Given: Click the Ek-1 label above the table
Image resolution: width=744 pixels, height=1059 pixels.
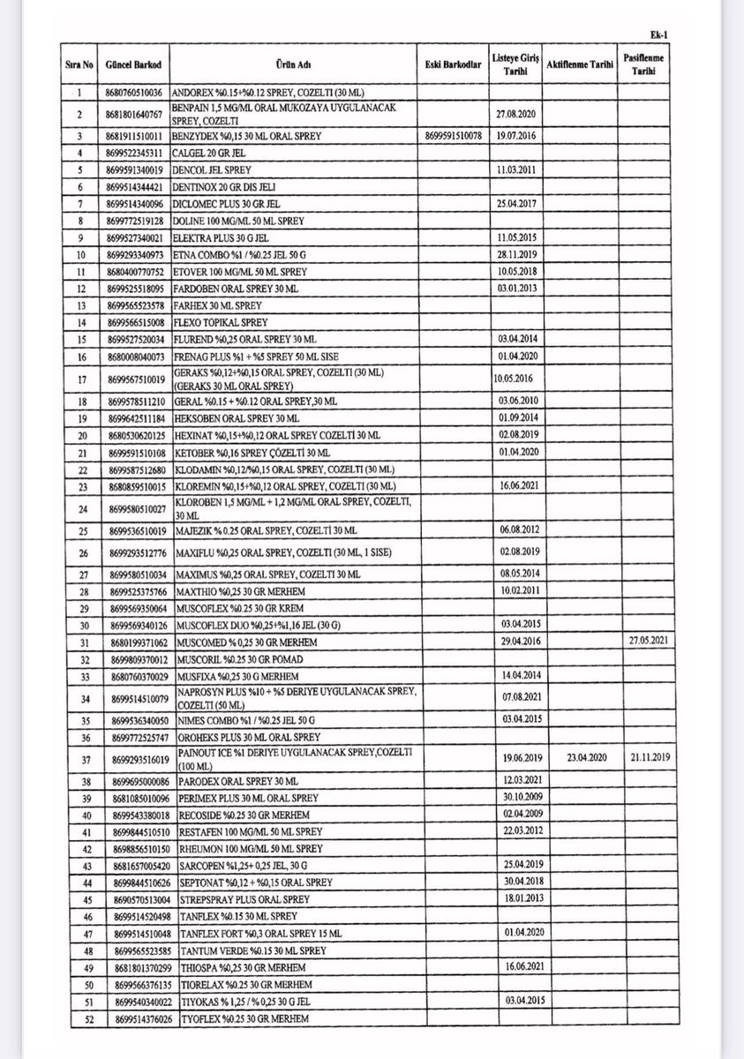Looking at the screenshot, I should pyautogui.click(x=658, y=34).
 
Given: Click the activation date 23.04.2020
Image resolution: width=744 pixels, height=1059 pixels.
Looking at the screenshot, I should pyautogui.click(x=573, y=756).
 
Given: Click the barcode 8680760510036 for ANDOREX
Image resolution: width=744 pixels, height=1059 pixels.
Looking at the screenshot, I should pyautogui.click(x=134, y=92).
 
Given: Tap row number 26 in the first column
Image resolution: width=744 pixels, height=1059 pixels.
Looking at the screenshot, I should pyautogui.click(x=79, y=553).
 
